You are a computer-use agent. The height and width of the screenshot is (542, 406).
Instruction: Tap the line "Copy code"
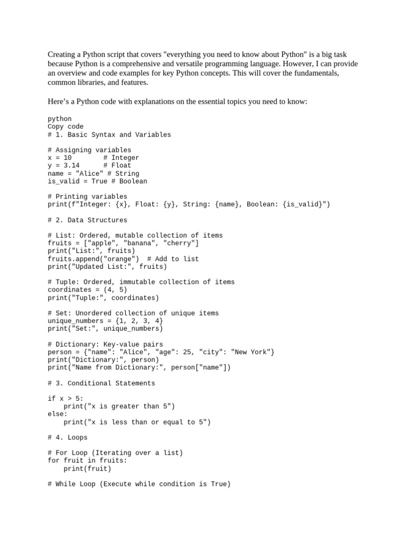[66, 127]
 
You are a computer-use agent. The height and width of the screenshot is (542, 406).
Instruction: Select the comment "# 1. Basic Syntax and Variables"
[109, 135]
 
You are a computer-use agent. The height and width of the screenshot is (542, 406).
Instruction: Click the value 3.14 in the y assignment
[71, 166]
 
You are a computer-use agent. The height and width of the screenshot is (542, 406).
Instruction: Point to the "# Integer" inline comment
[121, 158]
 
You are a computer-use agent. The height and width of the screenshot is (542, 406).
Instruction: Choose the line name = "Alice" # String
[94, 174]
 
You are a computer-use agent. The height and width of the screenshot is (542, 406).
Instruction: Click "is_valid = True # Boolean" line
[97, 181]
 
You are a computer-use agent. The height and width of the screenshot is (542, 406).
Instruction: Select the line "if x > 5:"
[66, 399]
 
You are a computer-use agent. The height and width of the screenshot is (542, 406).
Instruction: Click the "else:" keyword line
[58, 414]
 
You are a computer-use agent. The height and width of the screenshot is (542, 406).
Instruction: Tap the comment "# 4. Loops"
[68, 438]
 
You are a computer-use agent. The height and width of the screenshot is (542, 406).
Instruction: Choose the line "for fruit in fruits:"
[87, 460]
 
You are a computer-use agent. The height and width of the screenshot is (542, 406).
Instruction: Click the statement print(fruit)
[87, 468]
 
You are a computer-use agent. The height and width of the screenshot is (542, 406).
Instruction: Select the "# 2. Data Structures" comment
[87, 220]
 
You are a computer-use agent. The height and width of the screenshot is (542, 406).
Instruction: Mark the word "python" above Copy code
[60, 119]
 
